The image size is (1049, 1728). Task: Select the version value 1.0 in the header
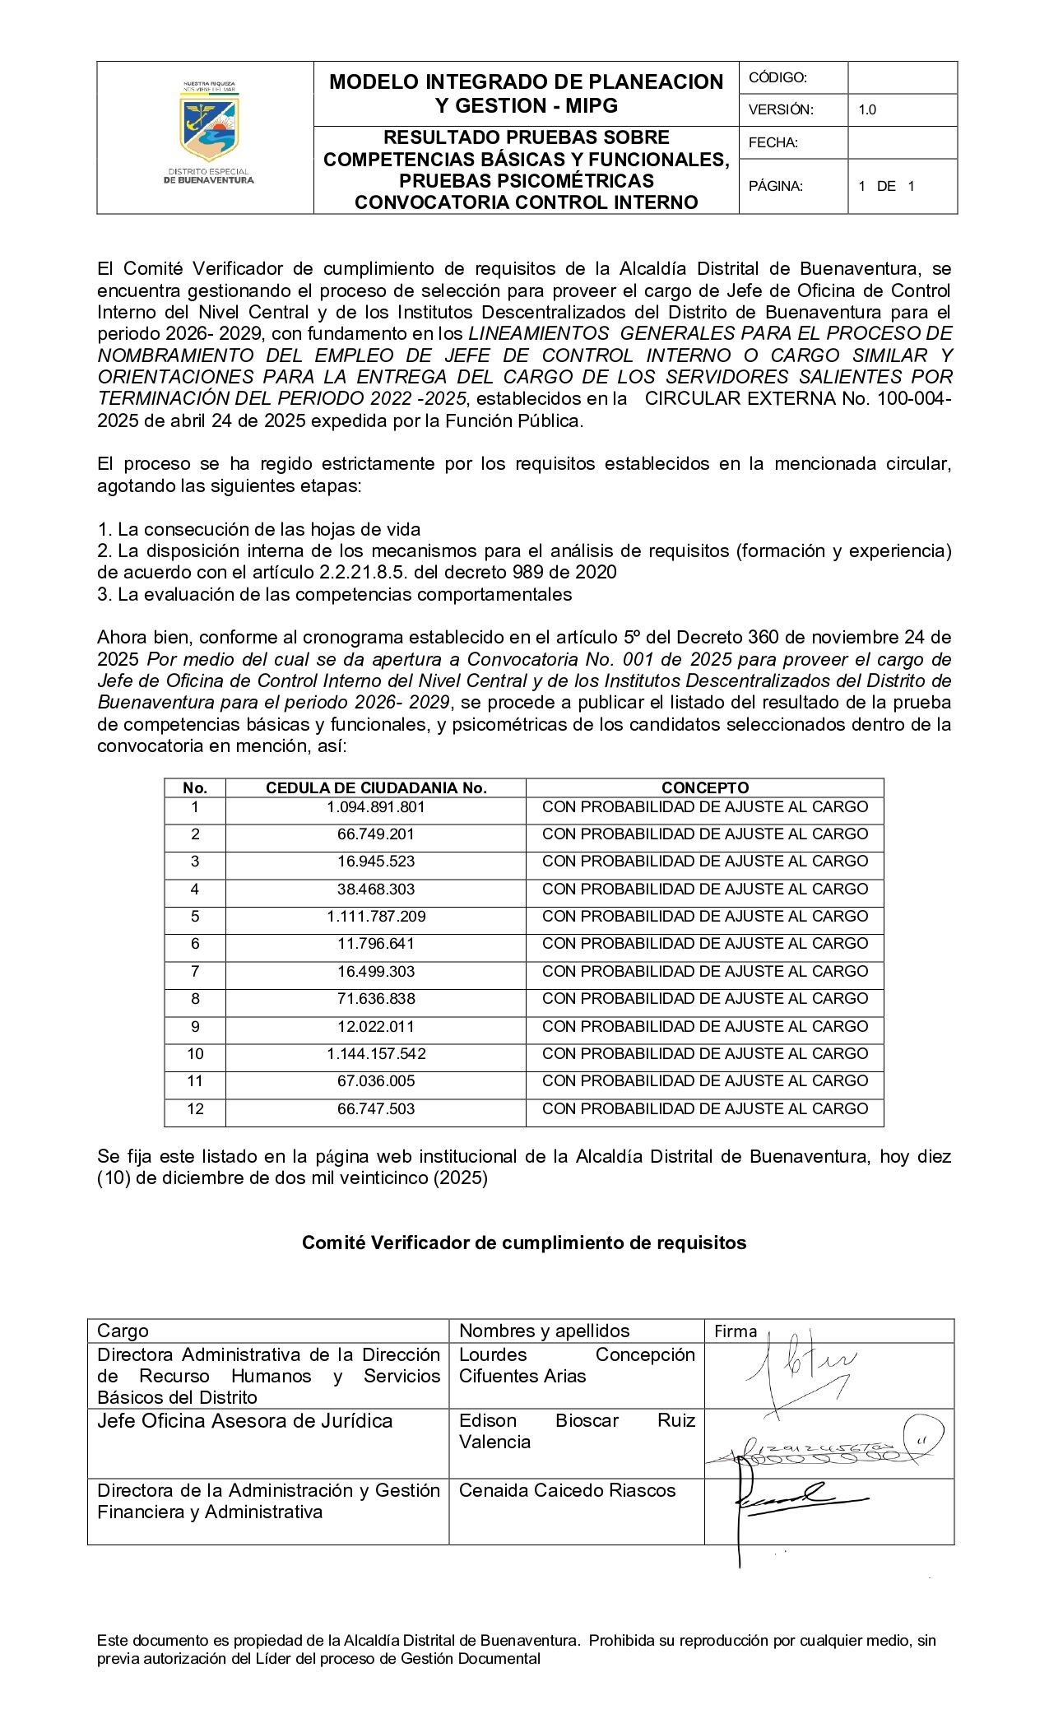867,109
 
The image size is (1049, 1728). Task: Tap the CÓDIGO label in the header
777,77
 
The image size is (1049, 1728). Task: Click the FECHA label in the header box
773,142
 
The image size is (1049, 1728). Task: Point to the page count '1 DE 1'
886,186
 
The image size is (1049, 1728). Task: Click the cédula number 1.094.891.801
376,806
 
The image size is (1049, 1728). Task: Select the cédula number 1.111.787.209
376,916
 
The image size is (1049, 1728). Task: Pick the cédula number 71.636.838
376,998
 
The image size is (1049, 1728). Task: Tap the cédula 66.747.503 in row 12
376,1108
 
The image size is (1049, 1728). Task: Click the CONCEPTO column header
705,787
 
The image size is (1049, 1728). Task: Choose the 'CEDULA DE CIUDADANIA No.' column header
376,787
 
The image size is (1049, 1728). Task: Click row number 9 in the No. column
195,1026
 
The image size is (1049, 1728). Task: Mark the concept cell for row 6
705,943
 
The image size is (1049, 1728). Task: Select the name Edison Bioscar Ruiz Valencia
576,1431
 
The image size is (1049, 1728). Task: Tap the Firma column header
735,1331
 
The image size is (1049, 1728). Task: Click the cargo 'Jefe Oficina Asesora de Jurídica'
244,1421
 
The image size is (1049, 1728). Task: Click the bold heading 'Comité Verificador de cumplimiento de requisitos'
524,1243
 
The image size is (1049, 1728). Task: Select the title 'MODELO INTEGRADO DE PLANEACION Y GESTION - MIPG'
526,93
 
